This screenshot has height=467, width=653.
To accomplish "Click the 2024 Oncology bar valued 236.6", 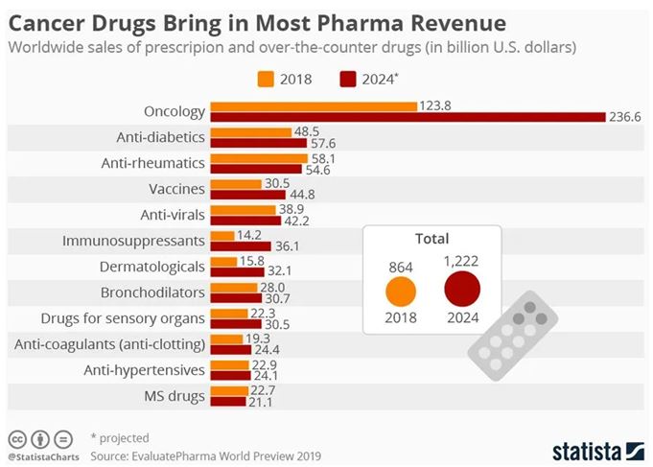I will pyautogui.click(x=408, y=116).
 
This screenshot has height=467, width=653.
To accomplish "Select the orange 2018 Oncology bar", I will pyautogui.click(x=314, y=105).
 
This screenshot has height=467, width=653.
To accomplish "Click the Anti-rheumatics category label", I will pyautogui.click(x=153, y=162).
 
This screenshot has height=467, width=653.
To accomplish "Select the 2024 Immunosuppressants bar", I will pyautogui.click(x=241, y=245).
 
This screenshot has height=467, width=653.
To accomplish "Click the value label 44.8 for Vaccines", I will pyautogui.click(x=303, y=194).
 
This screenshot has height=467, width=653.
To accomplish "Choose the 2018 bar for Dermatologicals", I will pyautogui.click(x=223, y=261).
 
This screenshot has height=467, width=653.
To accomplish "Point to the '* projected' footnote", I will pyautogui.click(x=121, y=437).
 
